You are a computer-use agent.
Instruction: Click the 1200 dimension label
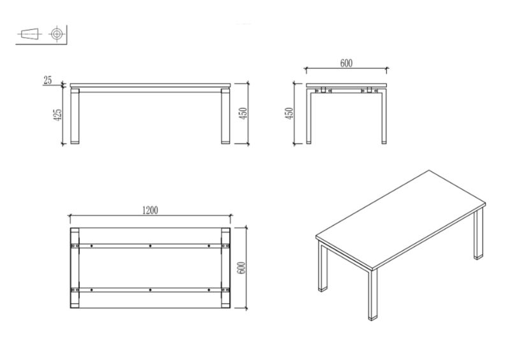pos(150,210)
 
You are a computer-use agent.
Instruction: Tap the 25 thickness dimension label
pos(47,80)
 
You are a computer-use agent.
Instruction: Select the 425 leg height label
pos(57,115)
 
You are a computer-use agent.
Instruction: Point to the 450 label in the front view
pos(244,113)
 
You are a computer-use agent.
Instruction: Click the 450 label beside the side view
pos(289,113)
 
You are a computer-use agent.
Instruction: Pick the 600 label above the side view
pos(346,63)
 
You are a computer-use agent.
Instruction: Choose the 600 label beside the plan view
pos(242,268)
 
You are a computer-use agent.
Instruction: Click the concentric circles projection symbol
pos(57,34)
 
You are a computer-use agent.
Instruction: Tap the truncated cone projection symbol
pos(29,33)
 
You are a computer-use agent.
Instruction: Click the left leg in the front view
pos(75,116)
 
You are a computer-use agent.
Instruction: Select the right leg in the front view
pos(226,116)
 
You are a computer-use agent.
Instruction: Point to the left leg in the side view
pos(309,116)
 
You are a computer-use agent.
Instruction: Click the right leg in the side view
pos(384,116)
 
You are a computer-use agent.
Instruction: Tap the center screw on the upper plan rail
pos(150,246)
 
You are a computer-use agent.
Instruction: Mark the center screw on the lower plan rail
pos(150,289)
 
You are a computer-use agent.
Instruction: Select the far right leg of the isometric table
pos(479,233)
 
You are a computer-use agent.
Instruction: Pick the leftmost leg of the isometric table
pos(323,267)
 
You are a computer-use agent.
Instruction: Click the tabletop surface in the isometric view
pos(401,217)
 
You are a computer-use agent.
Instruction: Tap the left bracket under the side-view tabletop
pos(323,90)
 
